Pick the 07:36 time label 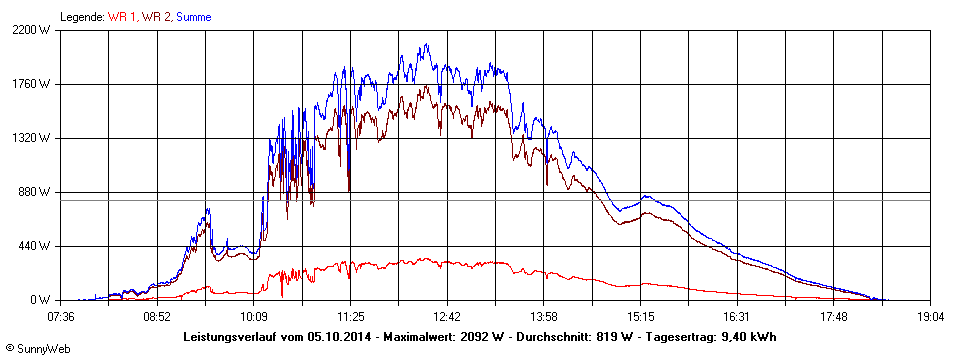point(61,316)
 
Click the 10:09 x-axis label point(254,316)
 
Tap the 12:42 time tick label point(447,316)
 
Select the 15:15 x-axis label point(640,316)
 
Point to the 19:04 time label point(930,316)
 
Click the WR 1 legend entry point(122,17)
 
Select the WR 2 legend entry point(156,17)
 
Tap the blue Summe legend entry point(193,17)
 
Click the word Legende point(81,17)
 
